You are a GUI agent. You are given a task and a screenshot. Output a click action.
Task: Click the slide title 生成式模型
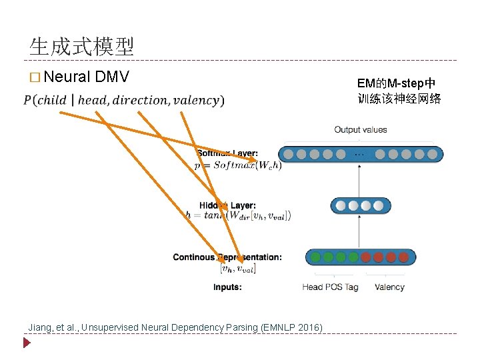coord(81,46)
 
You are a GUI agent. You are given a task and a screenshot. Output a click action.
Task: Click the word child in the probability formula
coord(55,101)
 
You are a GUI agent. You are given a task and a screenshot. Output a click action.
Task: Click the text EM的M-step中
coord(396,83)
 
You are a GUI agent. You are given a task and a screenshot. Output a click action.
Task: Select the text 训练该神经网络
coord(399,99)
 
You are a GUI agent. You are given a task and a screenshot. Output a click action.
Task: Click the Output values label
coord(360,129)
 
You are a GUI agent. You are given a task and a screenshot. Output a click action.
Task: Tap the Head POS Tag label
coord(330,287)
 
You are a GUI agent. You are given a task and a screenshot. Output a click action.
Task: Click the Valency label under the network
coord(389,287)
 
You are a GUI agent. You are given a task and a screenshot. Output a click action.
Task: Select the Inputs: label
coord(227,287)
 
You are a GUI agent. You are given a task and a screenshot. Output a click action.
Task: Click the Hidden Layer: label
coord(227,205)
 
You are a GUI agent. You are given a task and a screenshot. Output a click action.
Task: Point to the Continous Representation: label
coord(227,257)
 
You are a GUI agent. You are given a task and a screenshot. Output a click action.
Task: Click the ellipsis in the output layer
coord(359,154)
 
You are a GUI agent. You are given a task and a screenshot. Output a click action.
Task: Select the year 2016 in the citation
coord(309,327)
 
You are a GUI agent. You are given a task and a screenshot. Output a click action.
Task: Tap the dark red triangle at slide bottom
coord(27,344)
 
